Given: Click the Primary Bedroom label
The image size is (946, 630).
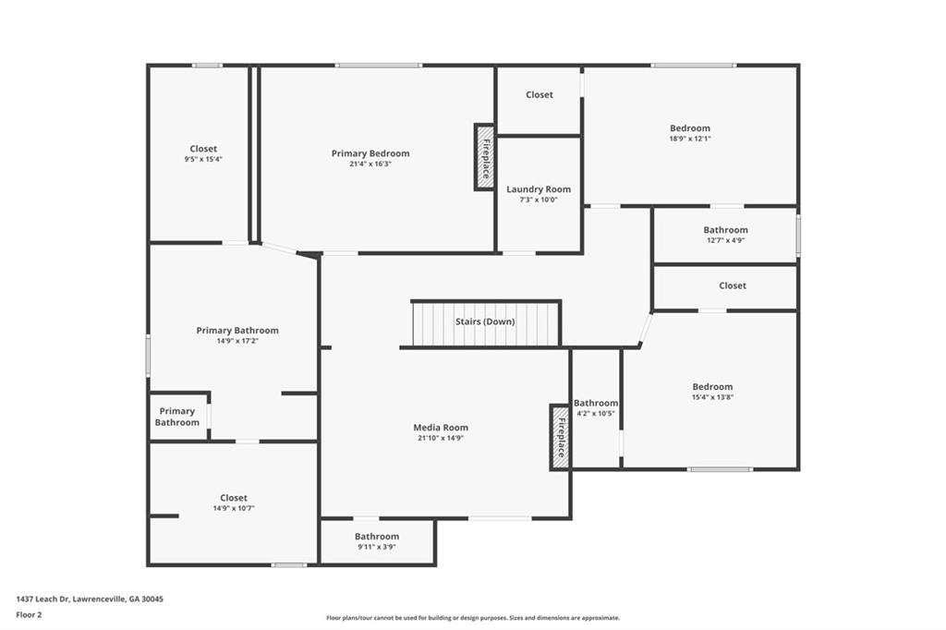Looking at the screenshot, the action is click(x=370, y=153).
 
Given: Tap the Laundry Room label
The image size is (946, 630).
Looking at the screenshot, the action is click(x=539, y=189).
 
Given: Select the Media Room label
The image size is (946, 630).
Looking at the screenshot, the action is click(x=441, y=428).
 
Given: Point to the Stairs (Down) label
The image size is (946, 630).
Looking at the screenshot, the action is click(x=485, y=321).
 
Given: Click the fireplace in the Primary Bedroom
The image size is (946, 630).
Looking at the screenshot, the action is click(x=484, y=157).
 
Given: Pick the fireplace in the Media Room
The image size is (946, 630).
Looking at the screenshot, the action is click(x=560, y=437).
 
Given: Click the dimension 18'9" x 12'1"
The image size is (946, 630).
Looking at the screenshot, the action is click(x=690, y=139).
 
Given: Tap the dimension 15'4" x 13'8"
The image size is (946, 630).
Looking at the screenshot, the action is click(x=712, y=397).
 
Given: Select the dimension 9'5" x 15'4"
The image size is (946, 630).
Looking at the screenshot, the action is click(x=203, y=159).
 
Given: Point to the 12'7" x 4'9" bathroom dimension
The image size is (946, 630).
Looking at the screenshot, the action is click(x=725, y=240).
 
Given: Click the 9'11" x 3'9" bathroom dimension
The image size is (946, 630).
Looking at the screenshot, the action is click(x=377, y=548).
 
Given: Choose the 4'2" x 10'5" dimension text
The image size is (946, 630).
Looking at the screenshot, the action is click(x=596, y=413).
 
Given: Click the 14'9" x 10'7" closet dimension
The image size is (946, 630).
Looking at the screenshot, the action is click(x=234, y=508).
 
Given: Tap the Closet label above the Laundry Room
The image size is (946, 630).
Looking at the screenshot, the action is click(x=539, y=95).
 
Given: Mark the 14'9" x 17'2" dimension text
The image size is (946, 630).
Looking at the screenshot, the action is click(x=237, y=341).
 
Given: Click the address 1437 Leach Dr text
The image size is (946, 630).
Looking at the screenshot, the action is click(x=42, y=600).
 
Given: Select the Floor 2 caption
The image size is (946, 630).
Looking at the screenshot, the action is click(x=29, y=615).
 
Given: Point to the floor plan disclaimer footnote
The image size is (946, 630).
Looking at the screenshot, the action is click(x=473, y=618).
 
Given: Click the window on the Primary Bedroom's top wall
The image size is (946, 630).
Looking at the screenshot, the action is click(x=379, y=66).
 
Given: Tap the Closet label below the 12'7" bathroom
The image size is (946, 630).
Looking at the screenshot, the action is click(x=733, y=285).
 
